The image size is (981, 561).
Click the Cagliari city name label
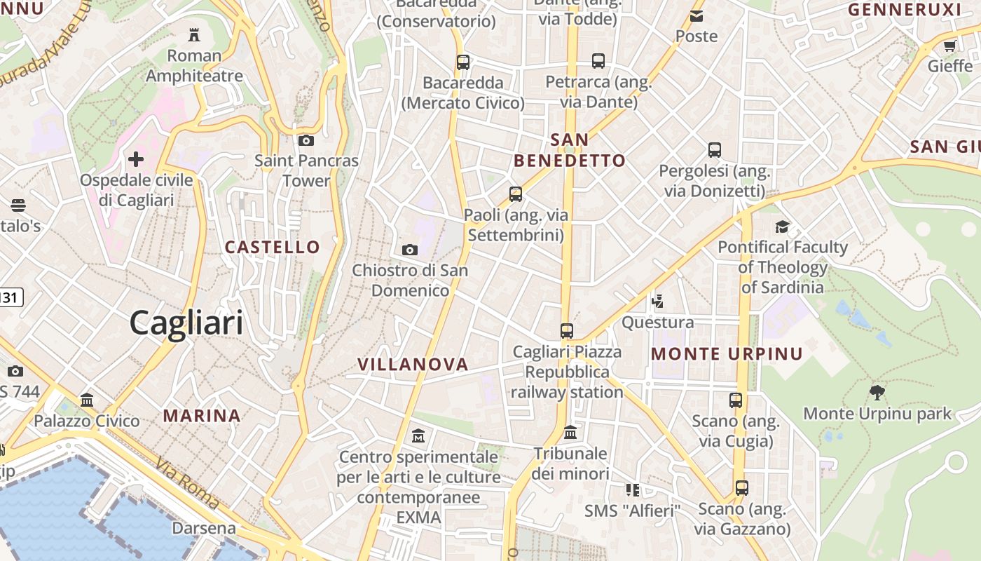coord(186,323)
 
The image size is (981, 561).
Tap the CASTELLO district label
coord(272,247)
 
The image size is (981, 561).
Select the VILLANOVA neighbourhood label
coord(413,364)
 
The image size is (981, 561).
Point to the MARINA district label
coord(202,415)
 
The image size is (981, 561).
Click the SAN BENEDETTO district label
coord(569,150)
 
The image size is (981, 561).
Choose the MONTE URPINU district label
coord(727,353)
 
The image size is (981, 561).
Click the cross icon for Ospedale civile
coord(136,159)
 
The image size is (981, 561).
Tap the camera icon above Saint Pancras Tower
coord(306,140)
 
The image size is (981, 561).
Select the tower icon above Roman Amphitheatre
coord(194,34)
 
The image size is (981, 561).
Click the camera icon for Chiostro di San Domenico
coord(410,250)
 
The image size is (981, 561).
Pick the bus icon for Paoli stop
coord(516,194)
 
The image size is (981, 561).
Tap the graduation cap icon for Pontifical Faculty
coord(782,227)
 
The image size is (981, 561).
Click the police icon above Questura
coord(657,302)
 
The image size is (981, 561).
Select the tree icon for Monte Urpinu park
coord(877,393)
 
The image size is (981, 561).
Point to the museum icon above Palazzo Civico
coord(87,400)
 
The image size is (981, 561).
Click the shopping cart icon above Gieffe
coord(949,46)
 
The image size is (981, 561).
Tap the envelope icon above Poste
coord(697,16)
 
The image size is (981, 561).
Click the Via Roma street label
coord(188,484)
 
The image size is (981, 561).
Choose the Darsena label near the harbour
coord(204,528)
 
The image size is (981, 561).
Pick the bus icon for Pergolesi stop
coord(715,150)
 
